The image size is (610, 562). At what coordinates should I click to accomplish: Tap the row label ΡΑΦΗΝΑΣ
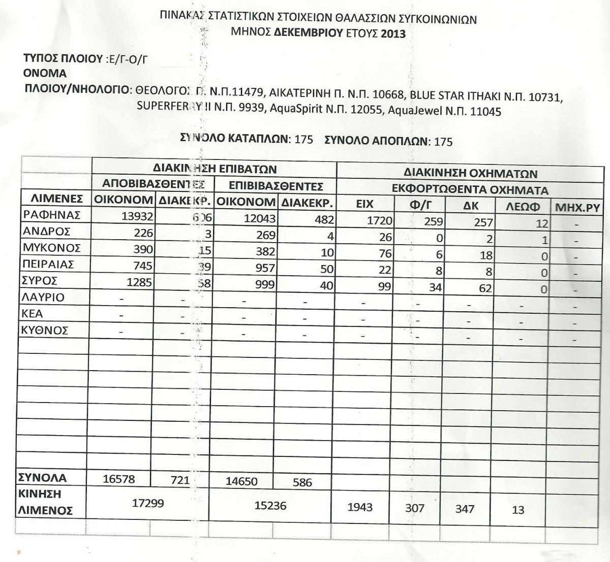pos(52,215)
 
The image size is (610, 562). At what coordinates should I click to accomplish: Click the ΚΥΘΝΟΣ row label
pos(45,330)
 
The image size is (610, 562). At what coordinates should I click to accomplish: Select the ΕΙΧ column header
pos(365,205)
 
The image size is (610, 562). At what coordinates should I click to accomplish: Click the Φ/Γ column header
pos(419,206)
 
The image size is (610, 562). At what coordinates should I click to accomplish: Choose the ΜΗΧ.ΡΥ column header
pos(577,208)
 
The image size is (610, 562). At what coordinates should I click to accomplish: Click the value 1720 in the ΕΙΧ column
pos(379,220)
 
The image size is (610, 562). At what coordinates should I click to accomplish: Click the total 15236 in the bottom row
pos(270,505)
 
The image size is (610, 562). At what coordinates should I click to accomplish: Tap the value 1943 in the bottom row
pos(360,507)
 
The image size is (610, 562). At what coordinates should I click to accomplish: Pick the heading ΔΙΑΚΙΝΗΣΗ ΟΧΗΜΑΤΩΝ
pos(471,173)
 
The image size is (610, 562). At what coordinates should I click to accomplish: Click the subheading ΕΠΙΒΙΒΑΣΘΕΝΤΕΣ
pos(276,185)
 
